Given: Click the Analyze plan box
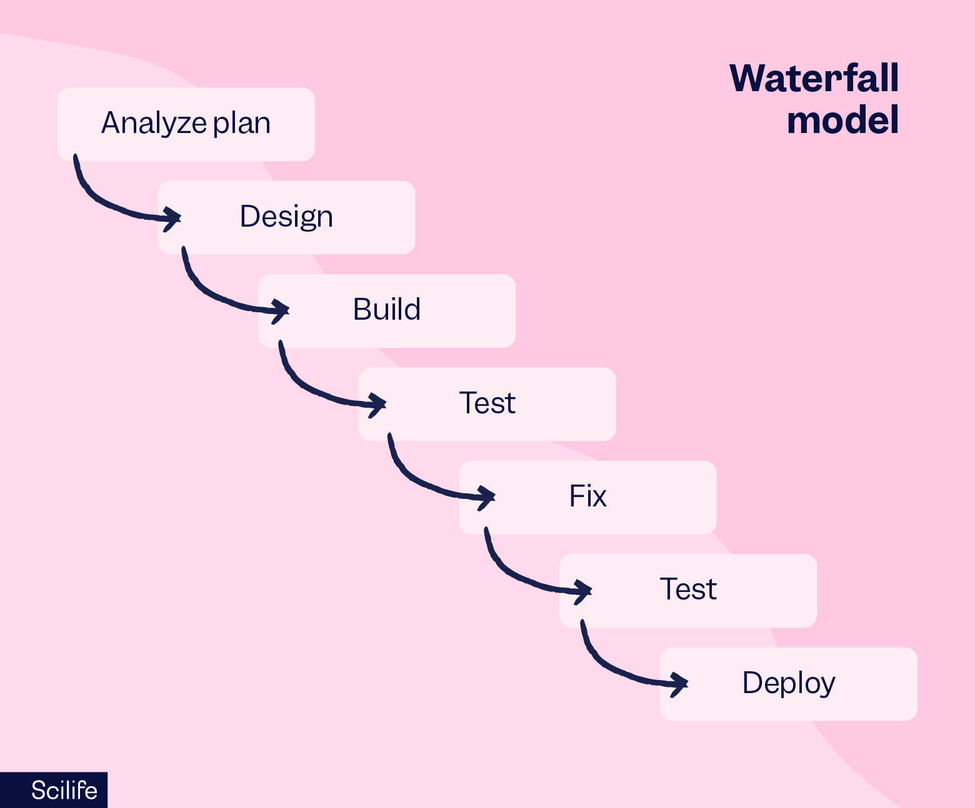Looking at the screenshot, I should pyautogui.click(x=186, y=124).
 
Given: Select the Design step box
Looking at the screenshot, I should pyautogui.click(x=286, y=217).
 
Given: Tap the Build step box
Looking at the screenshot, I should pyautogui.click(x=387, y=310).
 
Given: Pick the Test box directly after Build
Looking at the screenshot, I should pyautogui.click(x=487, y=403).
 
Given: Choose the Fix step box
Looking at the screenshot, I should pyautogui.click(x=587, y=497).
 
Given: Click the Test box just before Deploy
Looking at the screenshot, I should pyautogui.click(x=688, y=590).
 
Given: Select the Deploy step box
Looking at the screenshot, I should pyautogui.click(x=788, y=684).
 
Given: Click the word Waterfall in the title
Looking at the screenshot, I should pyautogui.click(x=814, y=79).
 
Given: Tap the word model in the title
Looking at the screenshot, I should pyautogui.click(x=842, y=121).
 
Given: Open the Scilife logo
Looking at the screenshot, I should pyautogui.click(x=64, y=791).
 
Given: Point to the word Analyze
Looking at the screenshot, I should pyautogui.click(x=154, y=124).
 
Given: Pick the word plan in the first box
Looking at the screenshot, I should pyautogui.click(x=241, y=124).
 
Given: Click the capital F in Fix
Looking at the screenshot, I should pyautogui.click(x=576, y=496).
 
